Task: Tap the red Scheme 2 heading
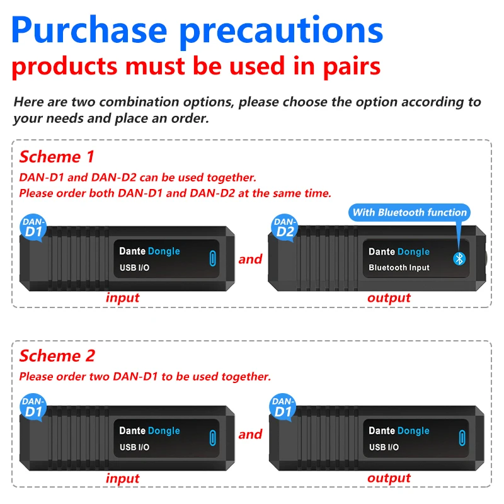[x=57, y=355]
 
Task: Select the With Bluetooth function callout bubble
[x=409, y=212]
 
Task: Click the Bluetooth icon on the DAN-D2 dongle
[x=459, y=259]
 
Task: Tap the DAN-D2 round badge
[x=285, y=227]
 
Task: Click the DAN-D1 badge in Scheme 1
[x=34, y=227]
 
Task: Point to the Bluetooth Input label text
[x=399, y=268]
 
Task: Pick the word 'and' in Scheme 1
[x=250, y=259]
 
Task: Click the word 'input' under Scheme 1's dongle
[x=122, y=297]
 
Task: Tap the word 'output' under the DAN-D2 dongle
[x=389, y=297]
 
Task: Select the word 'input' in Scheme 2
[x=122, y=478]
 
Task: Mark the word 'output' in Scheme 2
[x=389, y=478]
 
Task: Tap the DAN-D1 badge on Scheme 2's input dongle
[x=34, y=406]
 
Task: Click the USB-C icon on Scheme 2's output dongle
[x=462, y=438]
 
